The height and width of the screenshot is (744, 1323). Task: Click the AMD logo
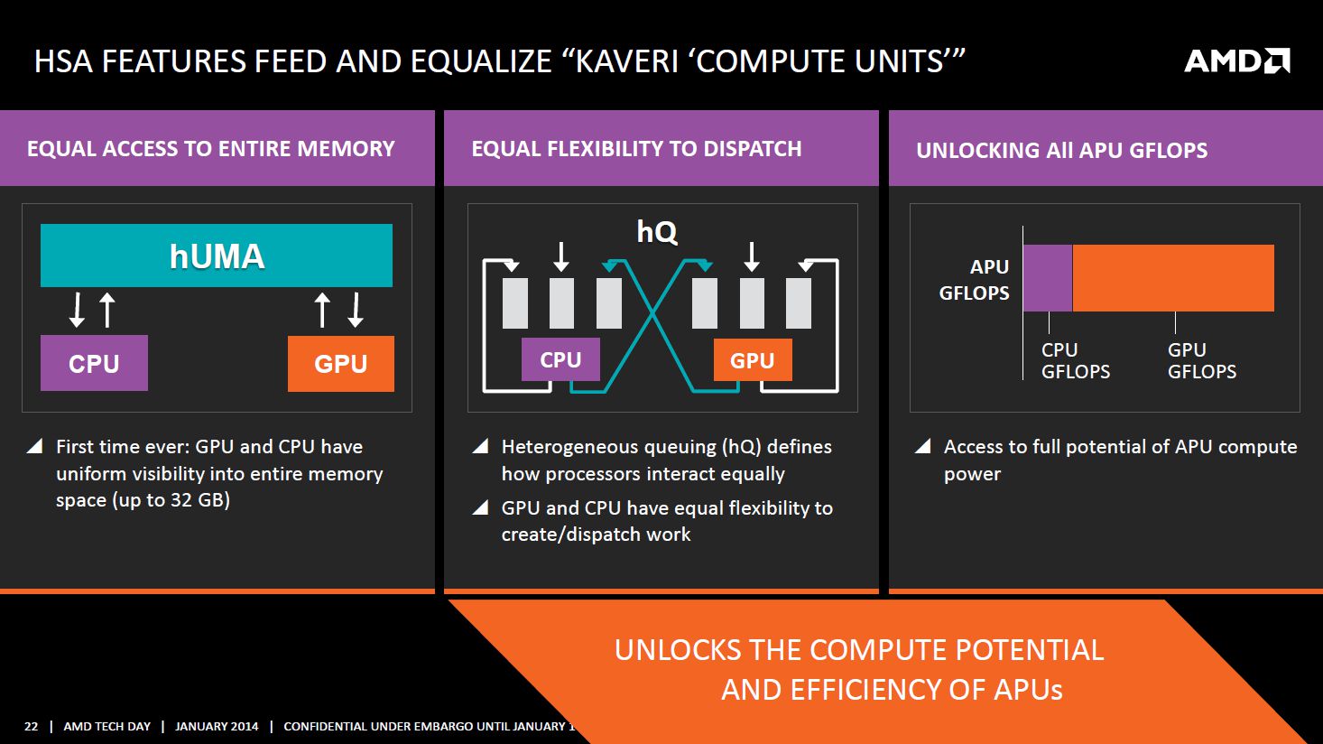point(1236,60)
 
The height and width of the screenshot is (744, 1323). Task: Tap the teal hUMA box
point(217,256)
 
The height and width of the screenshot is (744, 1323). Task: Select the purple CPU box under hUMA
point(94,363)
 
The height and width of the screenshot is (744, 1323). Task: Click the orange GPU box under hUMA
point(341,364)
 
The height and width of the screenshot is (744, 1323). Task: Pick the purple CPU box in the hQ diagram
point(560,359)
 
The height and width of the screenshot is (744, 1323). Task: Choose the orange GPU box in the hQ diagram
point(753,360)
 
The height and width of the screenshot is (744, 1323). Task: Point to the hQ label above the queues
point(657,232)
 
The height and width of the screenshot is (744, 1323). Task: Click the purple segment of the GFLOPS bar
point(1048,278)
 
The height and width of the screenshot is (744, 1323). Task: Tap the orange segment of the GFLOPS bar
point(1173,278)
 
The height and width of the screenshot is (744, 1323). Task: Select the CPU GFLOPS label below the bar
point(1076,360)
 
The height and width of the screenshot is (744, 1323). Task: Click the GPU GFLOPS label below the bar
point(1202,360)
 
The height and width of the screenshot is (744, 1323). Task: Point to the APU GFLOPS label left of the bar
point(975,280)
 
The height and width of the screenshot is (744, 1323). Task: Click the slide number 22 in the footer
point(31,726)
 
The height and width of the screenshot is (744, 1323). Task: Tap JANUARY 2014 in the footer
point(217,726)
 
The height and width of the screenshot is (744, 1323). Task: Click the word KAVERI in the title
point(627,61)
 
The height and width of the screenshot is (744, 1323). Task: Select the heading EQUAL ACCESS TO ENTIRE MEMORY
point(211,148)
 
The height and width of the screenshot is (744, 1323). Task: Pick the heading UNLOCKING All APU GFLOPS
point(1062,150)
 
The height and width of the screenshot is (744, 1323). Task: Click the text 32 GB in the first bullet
point(198,500)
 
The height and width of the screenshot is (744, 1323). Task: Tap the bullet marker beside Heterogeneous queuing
point(480,446)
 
